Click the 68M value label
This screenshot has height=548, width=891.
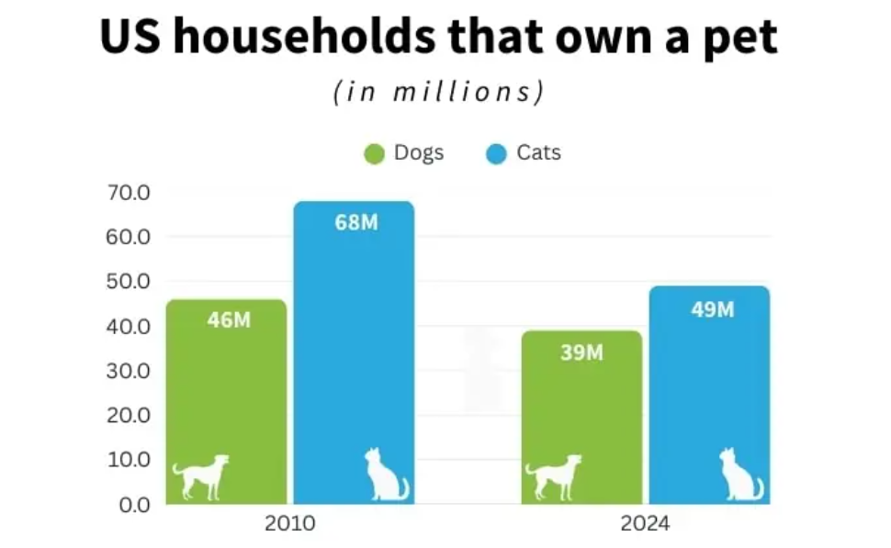pyautogui.click(x=355, y=223)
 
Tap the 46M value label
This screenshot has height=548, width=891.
pyautogui.click(x=229, y=320)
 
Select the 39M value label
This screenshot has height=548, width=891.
pyautogui.click(x=582, y=352)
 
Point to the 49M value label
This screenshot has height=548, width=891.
pyautogui.click(x=712, y=309)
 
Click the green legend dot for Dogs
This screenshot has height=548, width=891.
pyautogui.click(x=374, y=154)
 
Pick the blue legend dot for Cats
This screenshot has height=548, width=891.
pyautogui.click(x=496, y=154)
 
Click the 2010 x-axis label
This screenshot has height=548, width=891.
pyautogui.click(x=289, y=525)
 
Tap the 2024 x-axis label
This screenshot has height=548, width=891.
pyautogui.click(x=645, y=525)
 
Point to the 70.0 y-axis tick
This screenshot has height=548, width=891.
pyautogui.click(x=129, y=193)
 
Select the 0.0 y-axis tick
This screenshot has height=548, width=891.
pyautogui.click(x=134, y=504)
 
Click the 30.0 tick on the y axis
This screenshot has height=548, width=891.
pyautogui.click(x=129, y=371)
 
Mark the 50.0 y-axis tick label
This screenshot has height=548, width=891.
pyautogui.click(x=129, y=282)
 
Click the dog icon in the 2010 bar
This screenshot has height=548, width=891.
pyautogui.click(x=200, y=476)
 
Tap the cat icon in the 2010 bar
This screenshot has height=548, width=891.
pyautogui.click(x=386, y=475)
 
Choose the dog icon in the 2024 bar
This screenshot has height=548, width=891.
pyautogui.click(x=553, y=476)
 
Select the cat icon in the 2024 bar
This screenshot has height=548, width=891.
pyautogui.click(x=740, y=475)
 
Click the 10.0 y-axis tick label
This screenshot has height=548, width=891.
pyautogui.click(x=129, y=459)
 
